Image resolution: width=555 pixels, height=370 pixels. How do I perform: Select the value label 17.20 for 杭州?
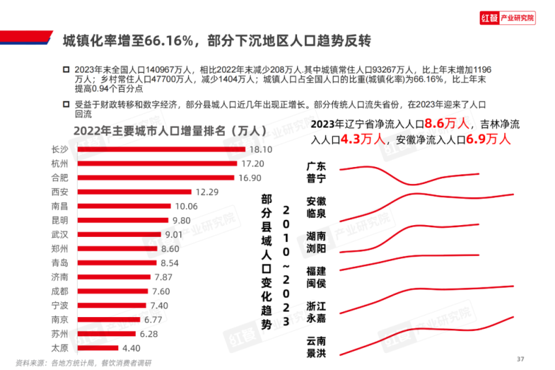coord(252,163)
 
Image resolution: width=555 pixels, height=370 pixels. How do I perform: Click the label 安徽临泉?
coord(316,207)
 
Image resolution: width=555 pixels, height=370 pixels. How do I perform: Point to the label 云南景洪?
coord(316,347)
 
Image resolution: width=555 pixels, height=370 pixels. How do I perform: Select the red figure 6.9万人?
coord(488,139)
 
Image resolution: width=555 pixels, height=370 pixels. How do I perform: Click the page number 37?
coord(520,359)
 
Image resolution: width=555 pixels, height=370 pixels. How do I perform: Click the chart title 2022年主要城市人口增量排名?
coord(159,130)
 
